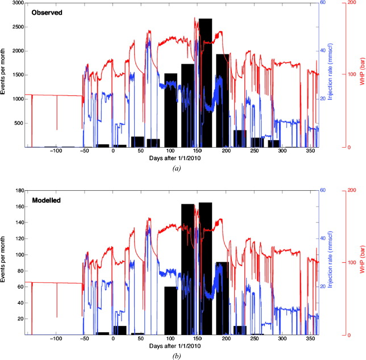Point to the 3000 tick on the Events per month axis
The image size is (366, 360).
16,3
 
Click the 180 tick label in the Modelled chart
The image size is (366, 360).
18,191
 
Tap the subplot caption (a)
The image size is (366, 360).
174,169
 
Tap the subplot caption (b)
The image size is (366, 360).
174,356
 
